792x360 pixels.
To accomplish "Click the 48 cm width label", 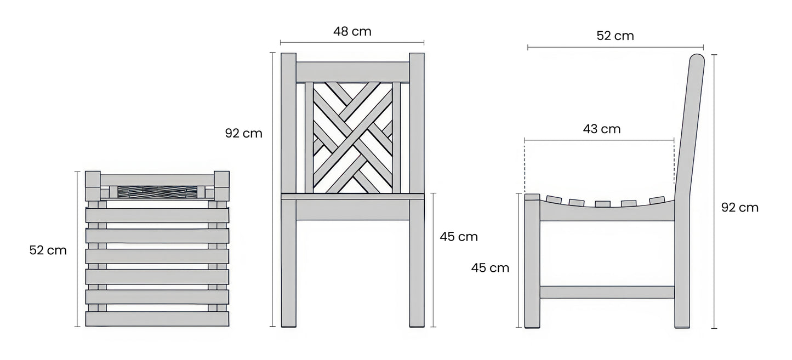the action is pos(352,31).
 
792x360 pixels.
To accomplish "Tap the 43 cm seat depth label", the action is pos(601,129).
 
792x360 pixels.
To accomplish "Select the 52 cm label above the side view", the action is pos(615,36).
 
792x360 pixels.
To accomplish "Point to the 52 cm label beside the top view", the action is pos(48,250).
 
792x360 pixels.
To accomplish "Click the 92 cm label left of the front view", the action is pos(243,133).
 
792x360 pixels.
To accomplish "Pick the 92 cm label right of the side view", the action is pos(740,208).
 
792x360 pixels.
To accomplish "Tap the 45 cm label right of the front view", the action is pos(459,237).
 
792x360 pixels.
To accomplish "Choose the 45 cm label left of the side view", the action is pos(490,268).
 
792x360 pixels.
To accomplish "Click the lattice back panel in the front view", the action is pos(352,138).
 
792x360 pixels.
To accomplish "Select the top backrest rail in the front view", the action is pos(352,72).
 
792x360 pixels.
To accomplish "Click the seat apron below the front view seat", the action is pos(352,210).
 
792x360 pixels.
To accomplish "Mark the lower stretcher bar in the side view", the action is pos(607,292).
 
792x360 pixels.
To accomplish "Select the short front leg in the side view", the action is pos(532,261).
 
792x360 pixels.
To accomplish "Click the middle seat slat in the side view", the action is pos(602,204).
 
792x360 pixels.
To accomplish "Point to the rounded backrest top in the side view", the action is pos(697,59).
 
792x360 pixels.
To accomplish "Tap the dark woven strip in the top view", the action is pos(158,192).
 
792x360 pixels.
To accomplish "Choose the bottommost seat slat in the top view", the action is pos(157,319).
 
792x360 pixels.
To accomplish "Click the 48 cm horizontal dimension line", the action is pos(352,43).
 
